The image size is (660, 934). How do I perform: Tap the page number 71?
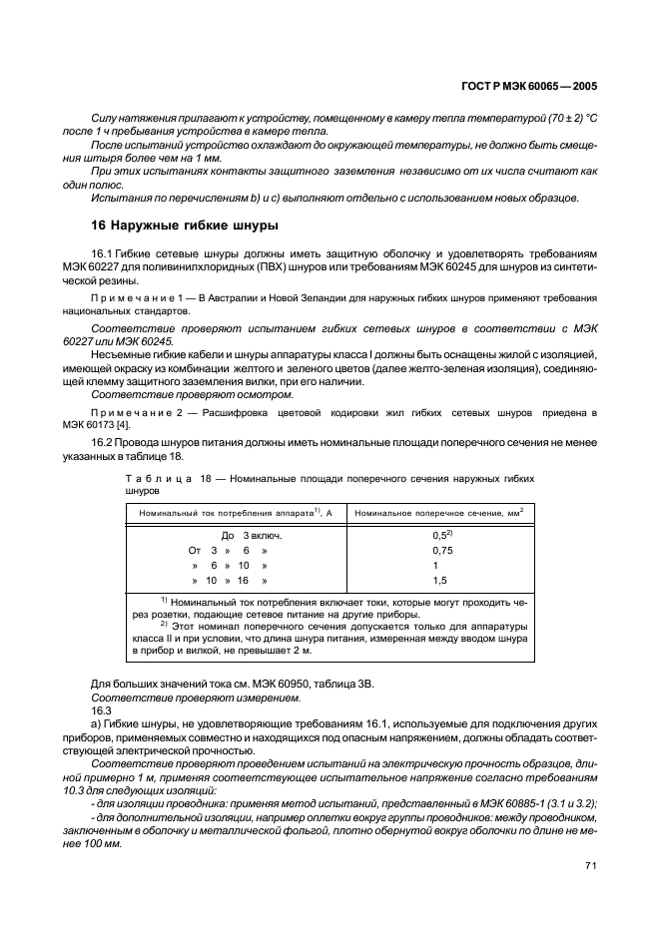(591, 866)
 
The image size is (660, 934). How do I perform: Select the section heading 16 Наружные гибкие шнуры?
(185, 226)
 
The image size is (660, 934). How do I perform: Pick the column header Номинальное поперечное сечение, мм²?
(439, 512)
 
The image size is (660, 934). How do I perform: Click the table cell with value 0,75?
(442, 550)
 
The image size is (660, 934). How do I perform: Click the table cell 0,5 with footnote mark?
(442, 536)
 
